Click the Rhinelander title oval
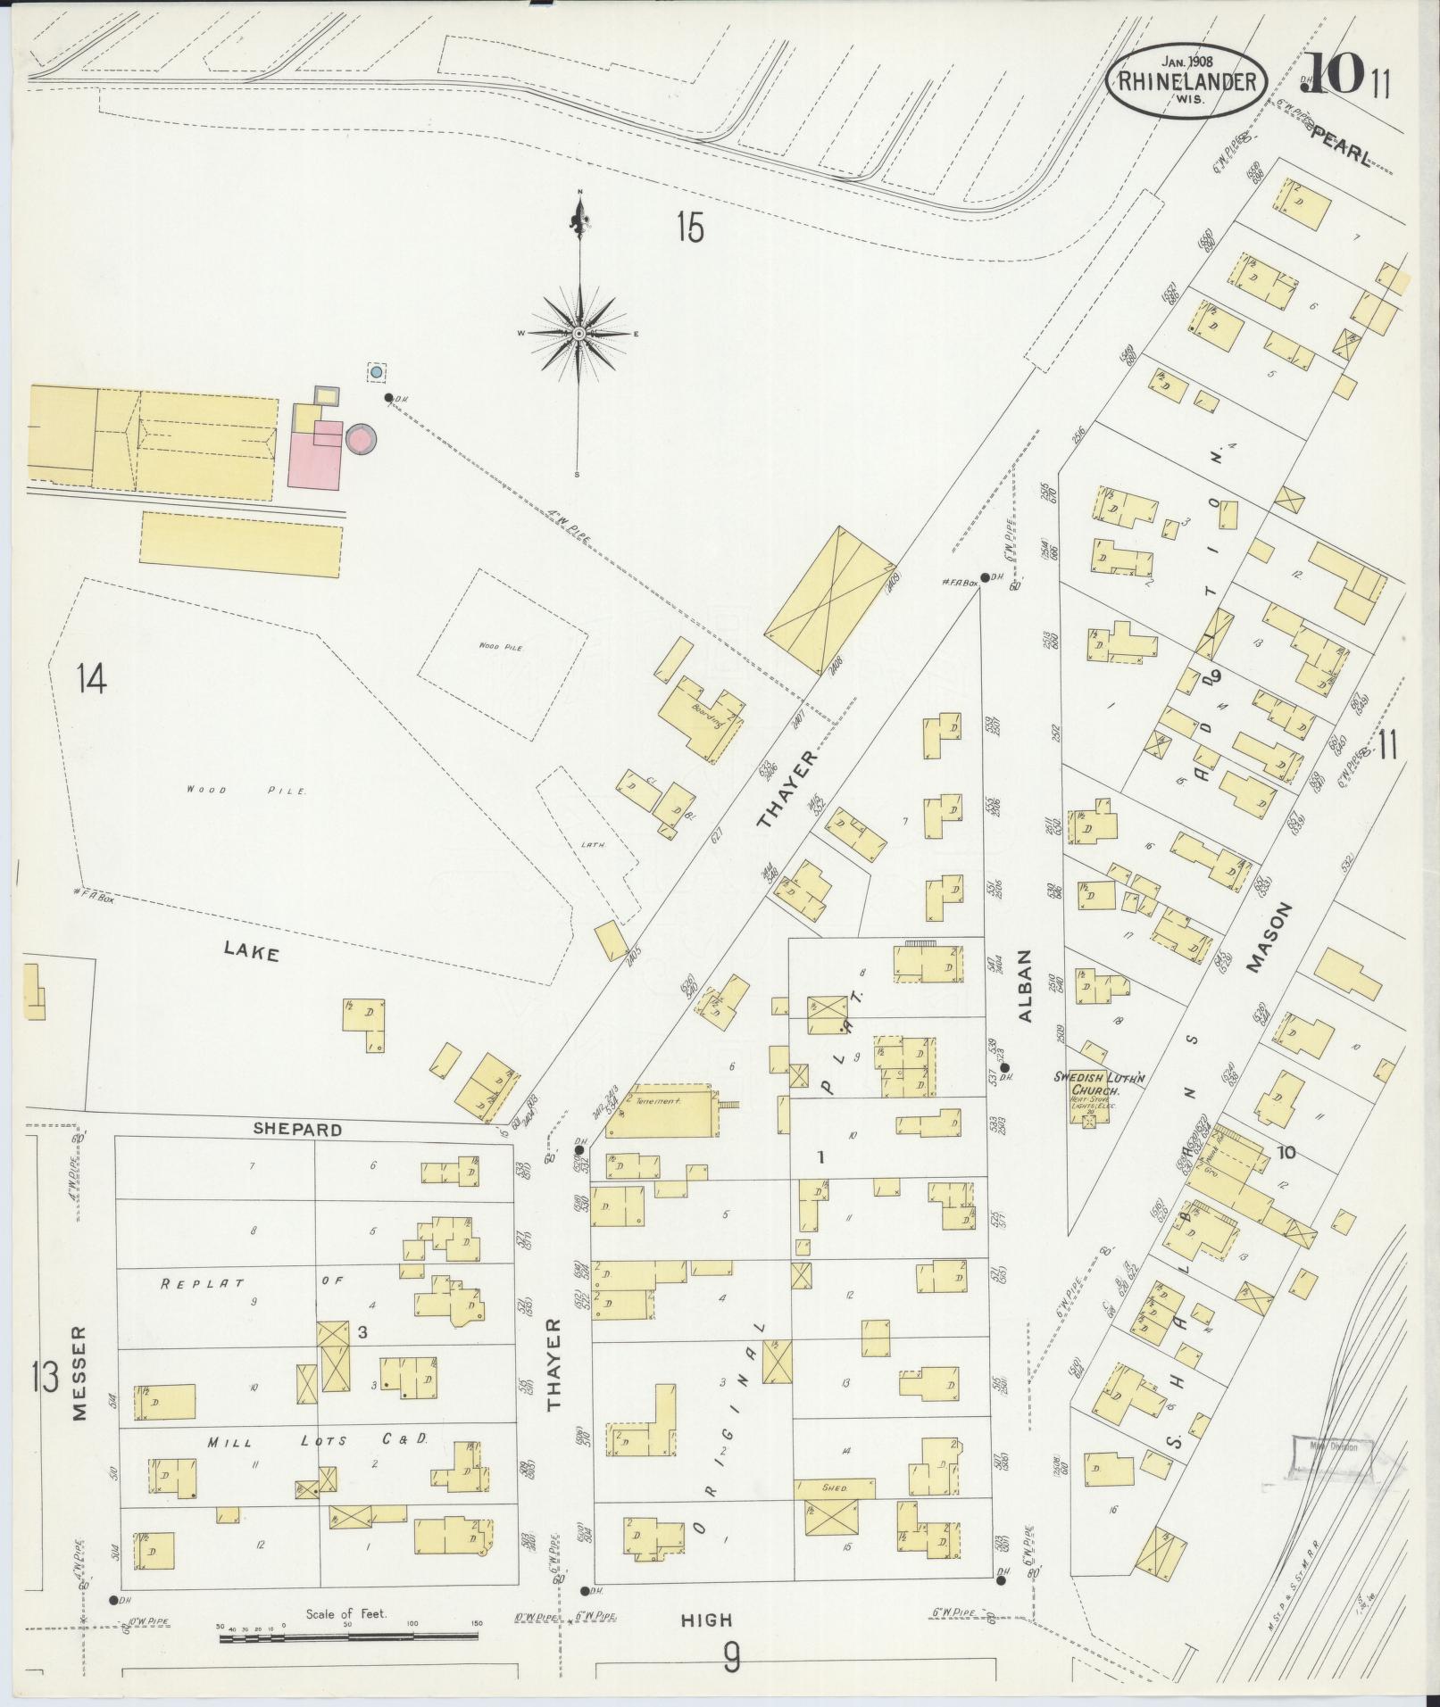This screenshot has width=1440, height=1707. tap(1186, 81)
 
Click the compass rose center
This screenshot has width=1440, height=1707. tap(578, 333)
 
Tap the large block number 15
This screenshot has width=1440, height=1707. tap(689, 229)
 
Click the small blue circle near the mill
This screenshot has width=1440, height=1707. tap(376, 371)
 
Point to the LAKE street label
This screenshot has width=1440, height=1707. tap(252, 954)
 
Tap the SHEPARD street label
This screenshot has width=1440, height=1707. tap(297, 1129)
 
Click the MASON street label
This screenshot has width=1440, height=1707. tap(1270, 936)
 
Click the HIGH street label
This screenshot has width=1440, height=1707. tap(705, 1620)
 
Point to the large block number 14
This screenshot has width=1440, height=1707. tap(91, 679)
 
